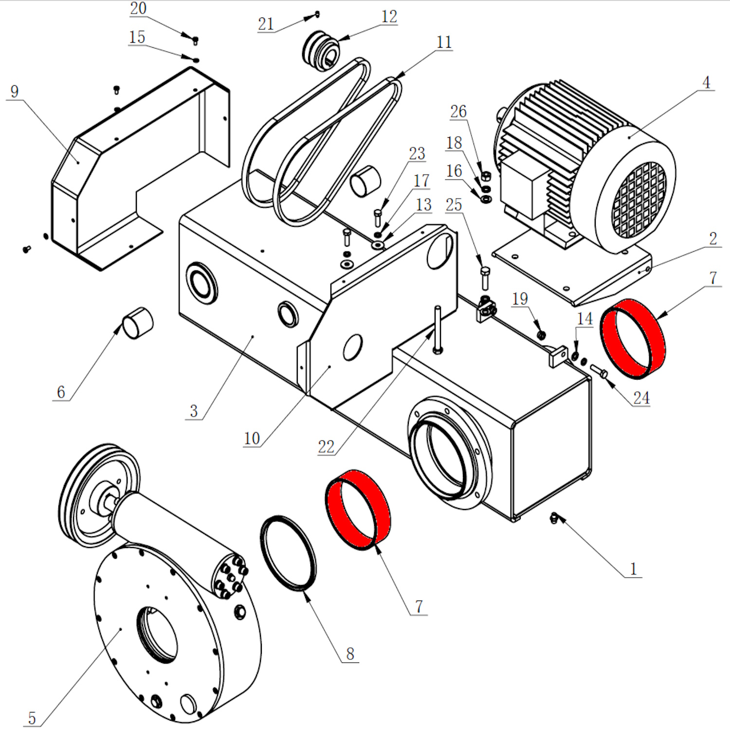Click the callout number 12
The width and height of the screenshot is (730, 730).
(x=389, y=17)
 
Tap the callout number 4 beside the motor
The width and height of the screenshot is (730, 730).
(x=706, y=82)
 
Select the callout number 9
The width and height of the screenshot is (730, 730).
(x=14, y=91)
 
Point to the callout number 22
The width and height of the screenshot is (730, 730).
(x=326, y=446)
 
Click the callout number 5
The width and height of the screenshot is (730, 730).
(x=32, y=718)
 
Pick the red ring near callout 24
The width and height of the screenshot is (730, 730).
(x=633, y=338)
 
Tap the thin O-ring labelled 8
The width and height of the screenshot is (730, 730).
(x=288, y=553)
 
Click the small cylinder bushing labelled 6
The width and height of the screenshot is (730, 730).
(x=138, y=323)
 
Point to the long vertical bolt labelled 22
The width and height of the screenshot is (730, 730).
(x=438, y=329)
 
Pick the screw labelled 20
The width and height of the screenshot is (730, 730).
(x=196, y=40)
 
